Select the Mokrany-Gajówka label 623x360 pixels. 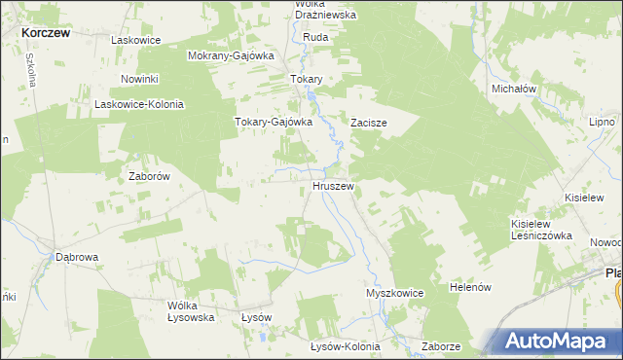(x=230, y=55)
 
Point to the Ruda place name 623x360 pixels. (x=316, y=37)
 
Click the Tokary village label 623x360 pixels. (x=307, y=79)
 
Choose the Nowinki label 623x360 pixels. (x=139, y=78)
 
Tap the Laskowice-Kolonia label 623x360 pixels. (x=138, y=104)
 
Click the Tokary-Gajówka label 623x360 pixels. (x=273, y=122)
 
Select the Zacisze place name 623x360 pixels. (x=370, y=124)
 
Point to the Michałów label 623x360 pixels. (x=515, y=89)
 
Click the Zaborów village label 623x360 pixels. (x=150, y=177)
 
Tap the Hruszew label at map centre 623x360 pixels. (x=333, y=185)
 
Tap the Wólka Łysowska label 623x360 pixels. (x=190, y=311)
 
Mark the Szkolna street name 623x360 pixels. (x=30, y=70)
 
